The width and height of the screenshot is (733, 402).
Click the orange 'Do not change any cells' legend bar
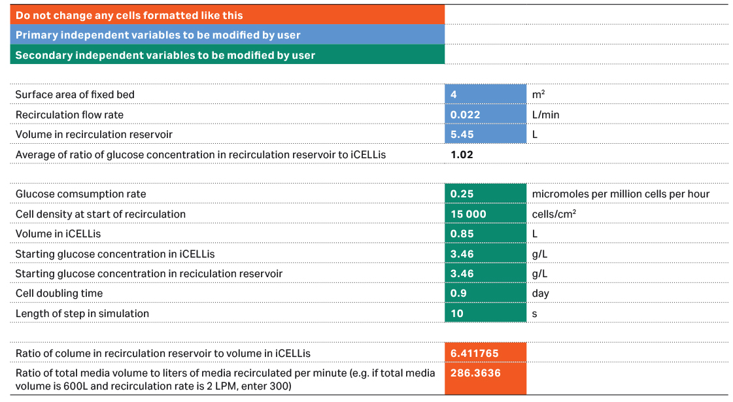(x=227, y=15)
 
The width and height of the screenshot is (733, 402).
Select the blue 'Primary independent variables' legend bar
(x=227, y=35)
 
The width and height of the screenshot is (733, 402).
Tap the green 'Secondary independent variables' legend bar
(x=227, y=55)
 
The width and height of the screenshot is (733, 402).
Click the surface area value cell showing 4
(x=485, y=95)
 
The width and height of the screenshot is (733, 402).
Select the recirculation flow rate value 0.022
(x=485, y=114)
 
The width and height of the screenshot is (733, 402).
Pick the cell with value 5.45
(x=485, y=135)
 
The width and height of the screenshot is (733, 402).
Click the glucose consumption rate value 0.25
(x=485, y=194)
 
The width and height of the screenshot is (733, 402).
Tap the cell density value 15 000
(x=485, y=214)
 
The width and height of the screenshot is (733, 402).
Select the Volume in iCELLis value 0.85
(x=485, y=234)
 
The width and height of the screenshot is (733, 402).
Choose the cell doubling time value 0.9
(x=485, y=293)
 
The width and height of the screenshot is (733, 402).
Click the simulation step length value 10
(x=485, y=313)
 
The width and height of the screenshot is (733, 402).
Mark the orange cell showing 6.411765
(x=485, y=354)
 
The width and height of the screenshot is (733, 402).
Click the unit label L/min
(x=546, y=115)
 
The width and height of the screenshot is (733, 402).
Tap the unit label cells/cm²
(x=554, y=214)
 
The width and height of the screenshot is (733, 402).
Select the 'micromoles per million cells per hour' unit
(x=621, y=194)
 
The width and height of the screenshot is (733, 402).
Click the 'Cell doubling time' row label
(x=59, y=293)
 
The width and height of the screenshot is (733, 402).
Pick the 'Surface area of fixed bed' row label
(x=75, y=95)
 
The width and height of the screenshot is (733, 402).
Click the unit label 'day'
(x=541, y=293)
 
